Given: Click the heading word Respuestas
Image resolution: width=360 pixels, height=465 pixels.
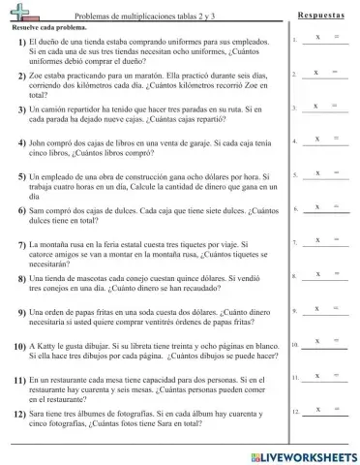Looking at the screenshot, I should pos(321,16).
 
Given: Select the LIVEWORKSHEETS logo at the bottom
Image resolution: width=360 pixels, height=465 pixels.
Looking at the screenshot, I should pos(303,455).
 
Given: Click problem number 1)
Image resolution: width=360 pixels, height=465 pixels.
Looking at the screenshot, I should pos(21,44).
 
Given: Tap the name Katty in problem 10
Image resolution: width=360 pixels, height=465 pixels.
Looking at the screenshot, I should pos(49,346).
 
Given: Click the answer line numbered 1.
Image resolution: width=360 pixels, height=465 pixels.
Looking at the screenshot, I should pos(324,42).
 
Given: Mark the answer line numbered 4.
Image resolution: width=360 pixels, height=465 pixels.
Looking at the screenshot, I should pos(324,142).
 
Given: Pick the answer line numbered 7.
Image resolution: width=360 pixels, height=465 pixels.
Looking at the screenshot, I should pos(324,243).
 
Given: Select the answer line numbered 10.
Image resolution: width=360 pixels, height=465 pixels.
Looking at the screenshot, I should pos(324,345).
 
